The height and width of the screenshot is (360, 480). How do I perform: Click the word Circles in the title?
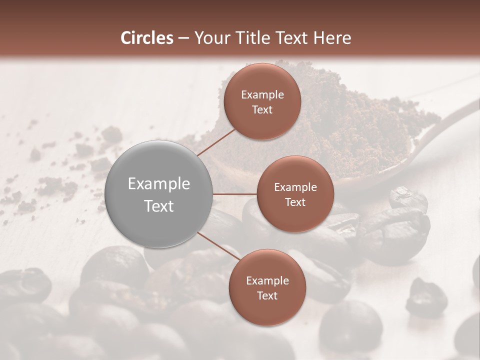click(147, 38)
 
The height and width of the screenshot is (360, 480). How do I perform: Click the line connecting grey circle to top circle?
click(216, 142)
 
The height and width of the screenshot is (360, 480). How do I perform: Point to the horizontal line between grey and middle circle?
click(235, 194)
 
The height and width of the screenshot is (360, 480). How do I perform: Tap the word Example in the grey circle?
click(159, 184)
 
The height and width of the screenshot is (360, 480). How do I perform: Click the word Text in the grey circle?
click(159, 206)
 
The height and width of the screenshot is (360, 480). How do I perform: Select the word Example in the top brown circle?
click(262, 94)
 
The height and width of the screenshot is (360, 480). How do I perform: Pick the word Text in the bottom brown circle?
click(267, 295)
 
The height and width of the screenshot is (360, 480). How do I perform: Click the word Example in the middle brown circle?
click(295, 187)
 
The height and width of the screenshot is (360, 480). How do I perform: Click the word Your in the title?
click(209, 38)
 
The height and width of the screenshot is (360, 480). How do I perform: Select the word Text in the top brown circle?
click(262, 109)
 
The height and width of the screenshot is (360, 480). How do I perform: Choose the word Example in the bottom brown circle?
click(267, 280)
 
